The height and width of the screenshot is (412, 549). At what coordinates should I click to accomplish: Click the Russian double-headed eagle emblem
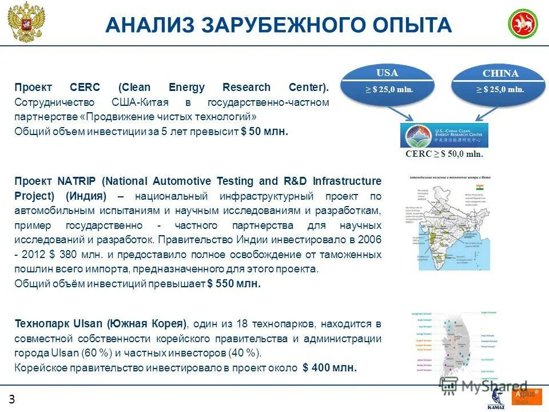point(26,23)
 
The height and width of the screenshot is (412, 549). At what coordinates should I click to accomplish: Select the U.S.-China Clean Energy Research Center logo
point(444,135)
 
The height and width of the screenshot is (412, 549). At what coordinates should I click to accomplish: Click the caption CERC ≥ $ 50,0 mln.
point(444,154)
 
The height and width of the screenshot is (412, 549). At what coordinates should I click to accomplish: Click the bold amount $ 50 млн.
point(264,132)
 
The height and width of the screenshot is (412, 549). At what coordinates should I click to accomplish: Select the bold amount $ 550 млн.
point(233,283)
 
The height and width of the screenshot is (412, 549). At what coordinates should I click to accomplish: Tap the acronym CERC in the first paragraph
point(85,88)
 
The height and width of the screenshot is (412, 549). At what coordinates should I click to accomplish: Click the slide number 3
point(11,399)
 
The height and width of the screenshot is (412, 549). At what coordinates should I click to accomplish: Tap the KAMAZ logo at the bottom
point(495,401)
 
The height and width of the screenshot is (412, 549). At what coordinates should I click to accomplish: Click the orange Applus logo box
point(526,397)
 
